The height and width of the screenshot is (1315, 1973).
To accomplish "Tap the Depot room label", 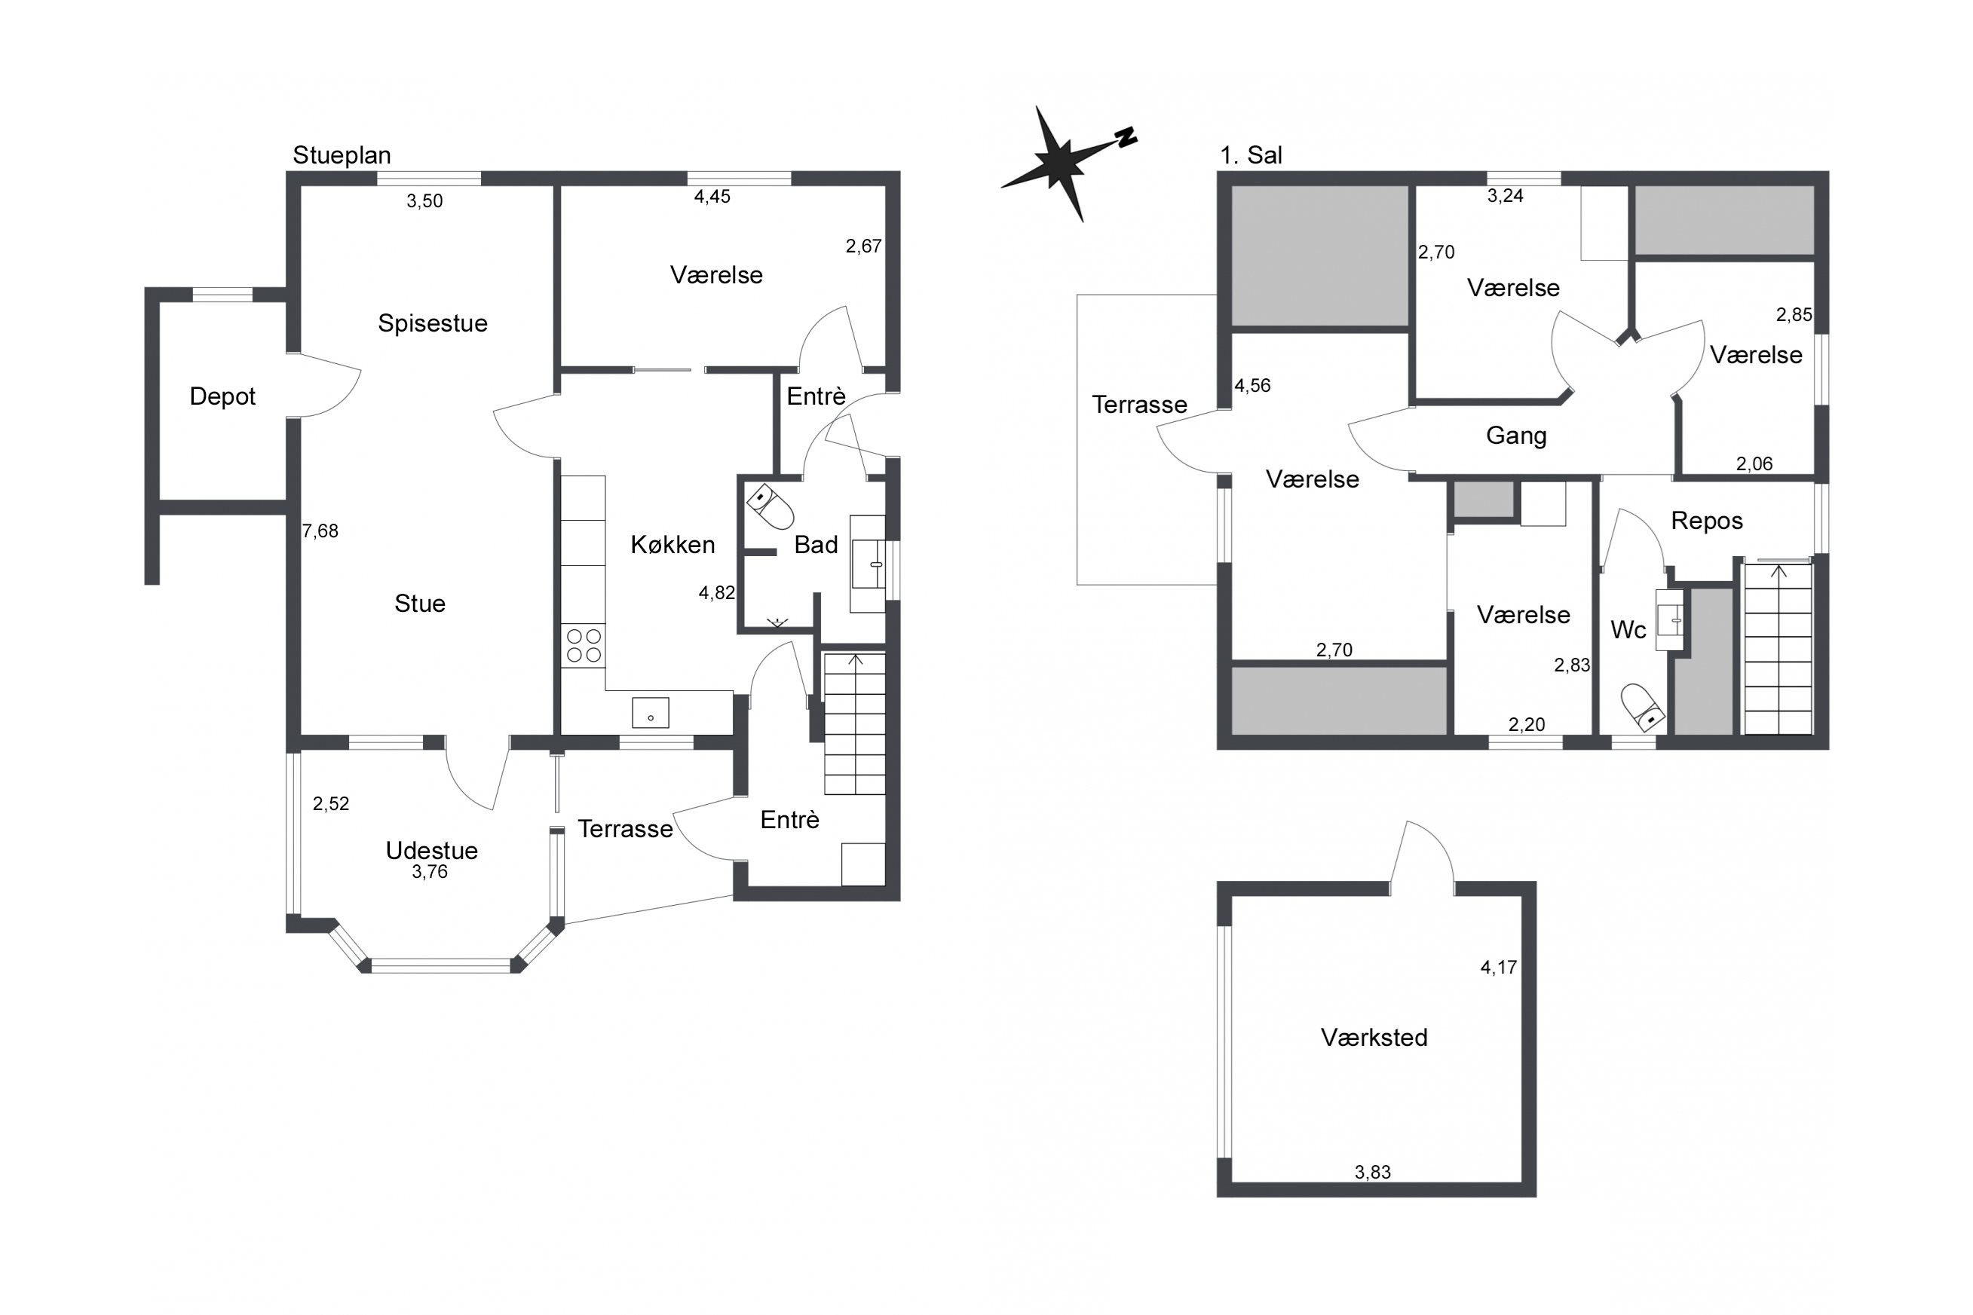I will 222,396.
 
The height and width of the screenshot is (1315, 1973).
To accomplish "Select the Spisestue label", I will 432,324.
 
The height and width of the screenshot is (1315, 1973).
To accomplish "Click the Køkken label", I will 672,545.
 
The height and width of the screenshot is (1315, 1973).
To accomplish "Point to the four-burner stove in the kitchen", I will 584,646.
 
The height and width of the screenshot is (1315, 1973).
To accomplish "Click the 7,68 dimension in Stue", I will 320,531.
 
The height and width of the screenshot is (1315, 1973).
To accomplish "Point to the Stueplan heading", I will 342,155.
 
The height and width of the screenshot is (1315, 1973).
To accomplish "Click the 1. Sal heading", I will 1251,155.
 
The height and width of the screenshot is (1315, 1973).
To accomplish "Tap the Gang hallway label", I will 1516,436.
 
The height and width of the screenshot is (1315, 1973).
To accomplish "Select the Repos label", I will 1706,521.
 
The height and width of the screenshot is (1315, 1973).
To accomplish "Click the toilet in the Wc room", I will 1641,706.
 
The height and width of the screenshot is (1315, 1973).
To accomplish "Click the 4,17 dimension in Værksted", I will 1498,968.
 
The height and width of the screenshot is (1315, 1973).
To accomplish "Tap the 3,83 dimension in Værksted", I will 1372,1173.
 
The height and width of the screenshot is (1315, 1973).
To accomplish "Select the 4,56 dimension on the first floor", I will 1252,386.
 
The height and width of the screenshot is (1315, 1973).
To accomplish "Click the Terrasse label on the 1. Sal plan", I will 1139,405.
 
